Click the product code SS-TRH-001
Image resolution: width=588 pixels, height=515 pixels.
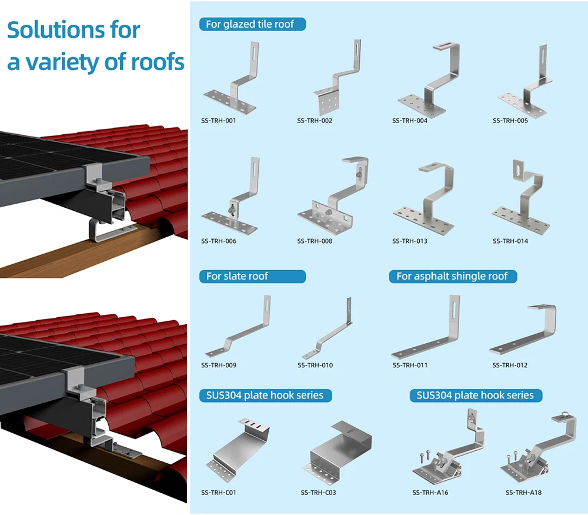click(x=218, y=121)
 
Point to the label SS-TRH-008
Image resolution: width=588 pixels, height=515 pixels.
click(x=315, y=241)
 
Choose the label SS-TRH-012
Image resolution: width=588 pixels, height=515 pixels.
click(x=510, y=365)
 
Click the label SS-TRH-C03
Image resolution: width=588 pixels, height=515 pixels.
click(x=318, y=492)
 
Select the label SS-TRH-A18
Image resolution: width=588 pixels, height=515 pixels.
click(x=523, y=492)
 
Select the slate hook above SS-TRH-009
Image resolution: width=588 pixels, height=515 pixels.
click(x=239, y=330)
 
